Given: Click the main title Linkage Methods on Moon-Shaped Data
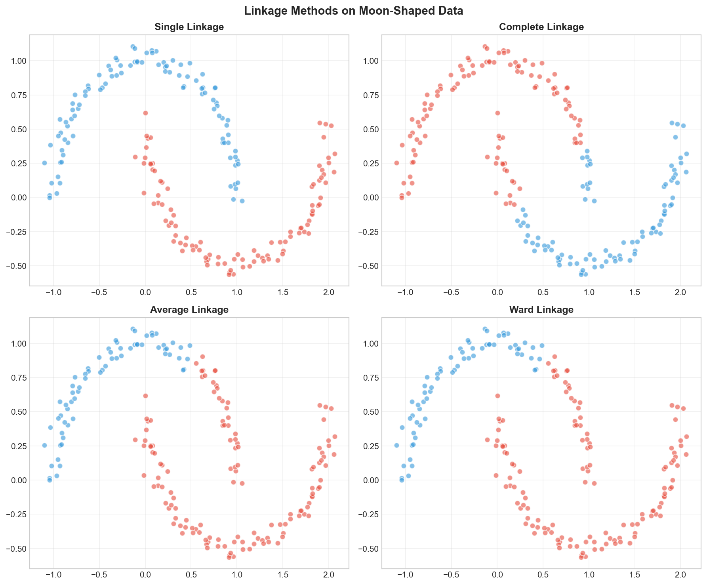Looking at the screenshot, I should click(x=353, y=11).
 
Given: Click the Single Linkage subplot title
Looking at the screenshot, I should click(x=189, y=27).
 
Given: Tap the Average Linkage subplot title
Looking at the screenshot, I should click(x=189, y=310).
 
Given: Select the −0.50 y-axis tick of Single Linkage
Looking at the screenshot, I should click(x=15, y=266).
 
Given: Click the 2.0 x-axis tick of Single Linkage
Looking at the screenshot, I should click(x=328, y=293).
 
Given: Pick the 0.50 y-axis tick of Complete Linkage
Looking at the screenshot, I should click(x=369, y=129).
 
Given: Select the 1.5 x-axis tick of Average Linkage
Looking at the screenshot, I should click(x=283, y=576).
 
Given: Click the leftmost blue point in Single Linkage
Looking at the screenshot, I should click(x=44, y=163).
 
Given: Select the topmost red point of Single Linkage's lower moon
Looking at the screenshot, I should click(x=145, y=113).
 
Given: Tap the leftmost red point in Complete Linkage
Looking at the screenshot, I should click(x=396, y=163).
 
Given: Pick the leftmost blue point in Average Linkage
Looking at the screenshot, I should click(x=44, y=446).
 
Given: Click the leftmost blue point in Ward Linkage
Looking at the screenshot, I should click(x=396, y=446).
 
